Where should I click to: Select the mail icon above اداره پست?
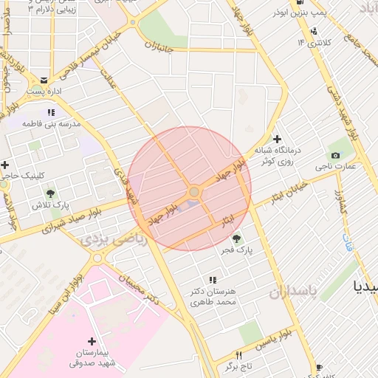click(x=44, y=80)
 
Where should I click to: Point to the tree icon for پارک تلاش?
click(x=50, y=193)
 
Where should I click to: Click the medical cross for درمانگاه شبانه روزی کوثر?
click(x=277, y=139)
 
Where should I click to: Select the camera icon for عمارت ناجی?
click(x=336, y=155)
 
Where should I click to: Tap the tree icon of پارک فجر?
click(x=236, y=238)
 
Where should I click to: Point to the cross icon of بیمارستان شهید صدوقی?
click(x=92, y=341)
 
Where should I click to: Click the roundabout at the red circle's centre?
click(x=193, y=192)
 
